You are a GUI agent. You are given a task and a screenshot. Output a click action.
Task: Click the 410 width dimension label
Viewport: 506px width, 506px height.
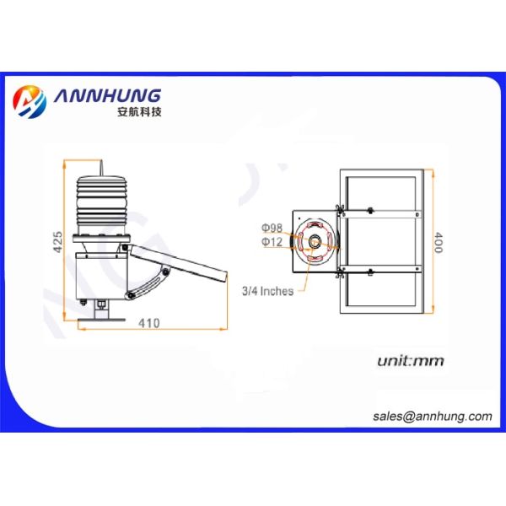click(x=150, y=321)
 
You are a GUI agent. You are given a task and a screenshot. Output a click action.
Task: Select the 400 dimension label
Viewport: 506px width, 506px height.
click(x=438, y=242)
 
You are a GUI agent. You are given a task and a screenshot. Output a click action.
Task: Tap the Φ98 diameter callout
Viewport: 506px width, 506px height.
click(x=272, y=228)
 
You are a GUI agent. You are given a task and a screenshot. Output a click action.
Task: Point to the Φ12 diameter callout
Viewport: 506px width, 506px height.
click(x=272, y=242)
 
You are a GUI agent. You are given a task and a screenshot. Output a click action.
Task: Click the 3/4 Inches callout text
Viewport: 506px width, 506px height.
click(x=268, y=291)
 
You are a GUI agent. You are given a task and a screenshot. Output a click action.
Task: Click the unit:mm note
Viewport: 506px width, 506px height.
click(x=410, y=362)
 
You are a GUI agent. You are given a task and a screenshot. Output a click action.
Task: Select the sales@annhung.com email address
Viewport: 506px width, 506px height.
click(x=432, y=416)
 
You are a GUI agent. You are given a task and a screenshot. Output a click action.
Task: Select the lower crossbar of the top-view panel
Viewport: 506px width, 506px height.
click(x=379, y=271)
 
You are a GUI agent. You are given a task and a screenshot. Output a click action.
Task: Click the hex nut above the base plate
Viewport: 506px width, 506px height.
click(x=101, y=303)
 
